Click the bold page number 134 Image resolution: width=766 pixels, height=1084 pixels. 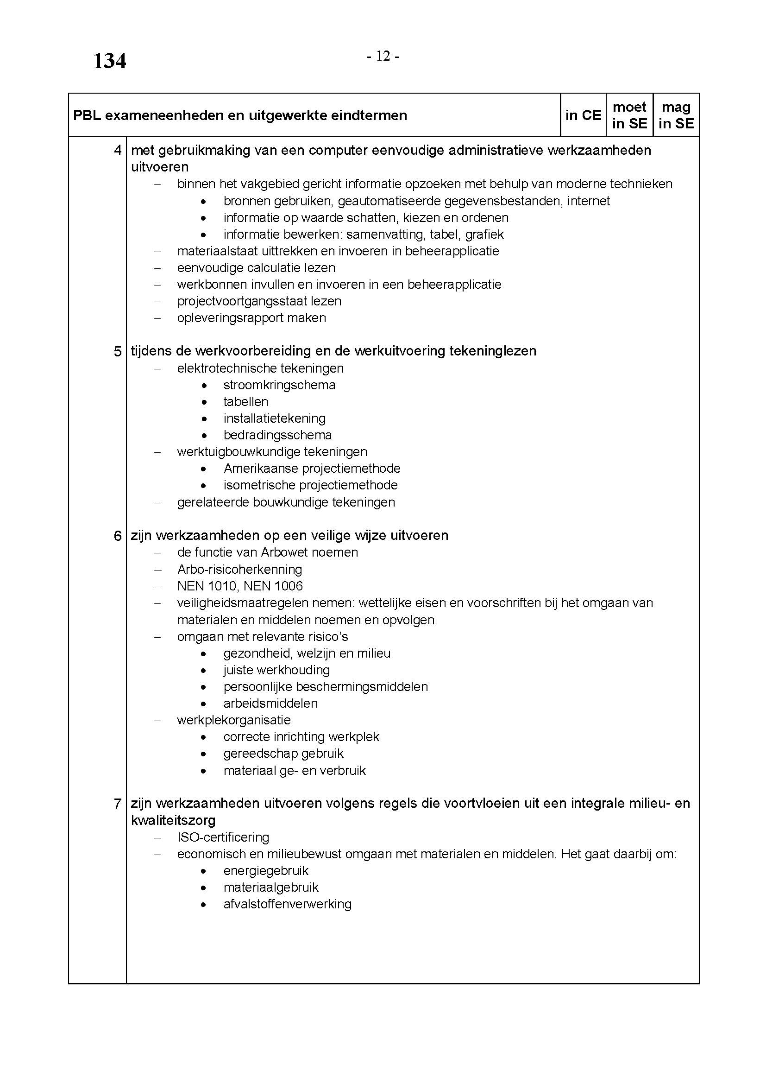(x=109, y=61)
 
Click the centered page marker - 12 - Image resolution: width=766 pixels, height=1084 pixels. (x=383, y=57)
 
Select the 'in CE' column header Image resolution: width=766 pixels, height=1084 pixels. (x=583, y=115)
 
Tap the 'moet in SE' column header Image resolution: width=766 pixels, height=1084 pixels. (x=629, y=115)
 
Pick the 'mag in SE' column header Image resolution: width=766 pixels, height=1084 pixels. (x=676, y=115)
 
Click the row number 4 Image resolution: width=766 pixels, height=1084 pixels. (x=118, y=151)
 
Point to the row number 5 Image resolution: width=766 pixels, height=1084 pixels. (x=118, y=351)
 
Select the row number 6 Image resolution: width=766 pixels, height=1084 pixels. (x=118, y=536)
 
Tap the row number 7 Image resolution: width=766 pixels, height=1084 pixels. (x=118, y=804)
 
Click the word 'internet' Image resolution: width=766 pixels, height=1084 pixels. (x=588, y=201)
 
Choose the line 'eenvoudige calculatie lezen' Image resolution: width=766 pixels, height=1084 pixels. (x=256, y=268)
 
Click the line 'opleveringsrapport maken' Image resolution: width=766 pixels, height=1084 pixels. (x=251, y=318)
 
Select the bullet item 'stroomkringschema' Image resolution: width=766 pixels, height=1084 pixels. (x=279, y=385)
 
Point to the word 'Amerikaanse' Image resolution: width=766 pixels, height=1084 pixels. (x=261, y=469)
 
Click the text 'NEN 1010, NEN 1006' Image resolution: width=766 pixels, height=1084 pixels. (x=239, y=586)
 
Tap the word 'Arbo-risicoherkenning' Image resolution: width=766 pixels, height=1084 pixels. (x=239, y=570)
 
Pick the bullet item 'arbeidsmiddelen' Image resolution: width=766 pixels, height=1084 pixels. (x=270, y=704)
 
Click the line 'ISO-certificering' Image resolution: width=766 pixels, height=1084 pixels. (x=223, y=837)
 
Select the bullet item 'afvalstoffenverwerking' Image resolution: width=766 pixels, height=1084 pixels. (x=287, y=904)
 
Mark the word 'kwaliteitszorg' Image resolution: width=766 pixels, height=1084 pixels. (x=173, y=820)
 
